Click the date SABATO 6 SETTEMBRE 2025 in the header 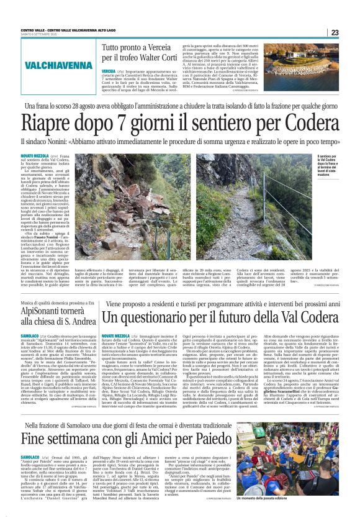click(40, 34)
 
